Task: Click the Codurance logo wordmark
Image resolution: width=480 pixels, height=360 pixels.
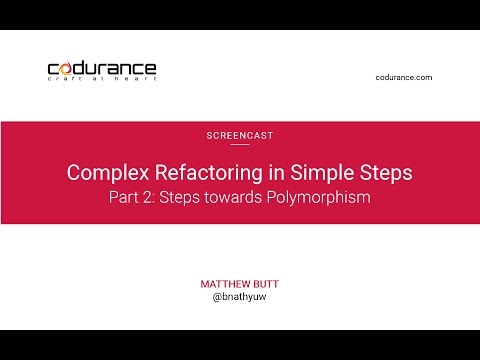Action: tap(102, 68)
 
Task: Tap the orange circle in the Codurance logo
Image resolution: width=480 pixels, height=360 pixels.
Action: tap(67, 69)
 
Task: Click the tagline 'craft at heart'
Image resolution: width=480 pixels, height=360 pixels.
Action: tap(102, 80)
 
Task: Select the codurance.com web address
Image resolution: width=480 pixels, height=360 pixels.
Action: tap(404, 77)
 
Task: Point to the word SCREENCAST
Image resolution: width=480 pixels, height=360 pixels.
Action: tap(239, 134)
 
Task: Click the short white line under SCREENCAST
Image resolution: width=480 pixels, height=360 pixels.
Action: tap(239, 144)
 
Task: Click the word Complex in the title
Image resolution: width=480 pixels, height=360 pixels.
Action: tap(102, 172)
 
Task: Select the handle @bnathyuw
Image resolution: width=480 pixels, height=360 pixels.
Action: tap(240, 298)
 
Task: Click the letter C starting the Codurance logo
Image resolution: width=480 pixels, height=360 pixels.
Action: tap(54, 69)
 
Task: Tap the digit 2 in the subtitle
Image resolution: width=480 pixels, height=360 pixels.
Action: tap(146, 197)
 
